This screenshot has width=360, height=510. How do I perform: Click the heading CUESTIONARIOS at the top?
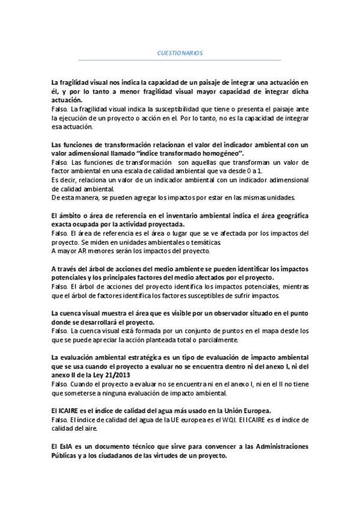coord(180,54)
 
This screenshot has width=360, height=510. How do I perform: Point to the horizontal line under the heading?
coord(180,60)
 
